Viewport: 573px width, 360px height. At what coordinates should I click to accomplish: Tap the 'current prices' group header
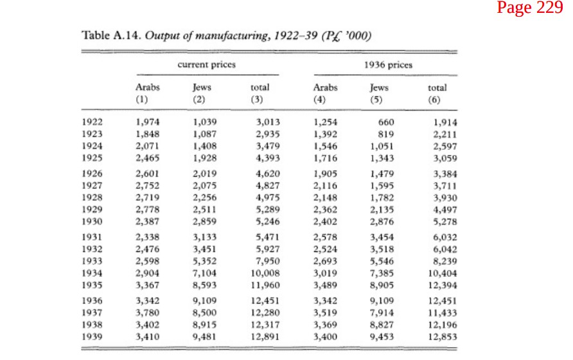coord(206,65)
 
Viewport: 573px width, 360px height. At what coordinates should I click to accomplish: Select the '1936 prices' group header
coord(388,65)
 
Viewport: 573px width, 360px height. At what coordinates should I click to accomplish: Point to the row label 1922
coord(92,122)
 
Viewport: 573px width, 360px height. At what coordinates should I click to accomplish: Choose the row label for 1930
coord(92,221)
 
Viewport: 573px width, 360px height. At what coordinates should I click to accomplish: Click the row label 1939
coord(92,337)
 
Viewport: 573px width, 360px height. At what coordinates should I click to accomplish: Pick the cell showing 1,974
coord(148,122)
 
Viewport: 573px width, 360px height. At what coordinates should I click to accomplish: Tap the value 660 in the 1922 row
coord(386,122)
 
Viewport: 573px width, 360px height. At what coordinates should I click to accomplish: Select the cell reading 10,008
coord(265,273)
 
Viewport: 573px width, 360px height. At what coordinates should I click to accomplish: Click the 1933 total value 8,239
coord(445,261)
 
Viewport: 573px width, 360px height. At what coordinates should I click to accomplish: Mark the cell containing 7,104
coord(205,273)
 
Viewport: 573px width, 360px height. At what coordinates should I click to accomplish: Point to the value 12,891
coord(265,337)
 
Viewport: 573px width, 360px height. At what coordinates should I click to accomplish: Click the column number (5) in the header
coord(376,100)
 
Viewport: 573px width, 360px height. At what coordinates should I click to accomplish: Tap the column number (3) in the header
coord(257,100)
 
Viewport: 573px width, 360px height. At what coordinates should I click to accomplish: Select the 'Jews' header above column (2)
coord(202,87)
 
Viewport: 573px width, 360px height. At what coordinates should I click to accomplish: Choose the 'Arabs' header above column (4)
coord(325,88)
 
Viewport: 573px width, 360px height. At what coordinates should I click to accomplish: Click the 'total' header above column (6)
coord(437,88)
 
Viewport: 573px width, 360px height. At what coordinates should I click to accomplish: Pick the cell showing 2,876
coord(382,222)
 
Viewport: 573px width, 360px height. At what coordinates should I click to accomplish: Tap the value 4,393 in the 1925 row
coord(268,158)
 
